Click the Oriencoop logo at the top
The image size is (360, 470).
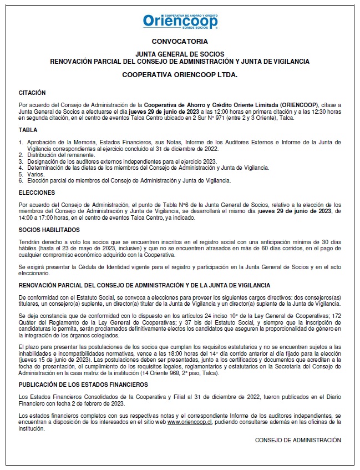point(180,20)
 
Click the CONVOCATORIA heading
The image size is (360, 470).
point(180,42)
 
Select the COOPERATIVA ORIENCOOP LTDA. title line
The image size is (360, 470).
point(180,74)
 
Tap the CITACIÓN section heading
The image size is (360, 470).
point(32,93)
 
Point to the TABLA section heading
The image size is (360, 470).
point(28,130)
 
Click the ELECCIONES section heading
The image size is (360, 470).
point(37,193)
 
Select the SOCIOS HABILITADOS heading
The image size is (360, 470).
point(49,230)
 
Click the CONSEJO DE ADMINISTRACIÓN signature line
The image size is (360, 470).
point(298,440)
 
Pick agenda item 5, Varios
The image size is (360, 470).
point(35,174)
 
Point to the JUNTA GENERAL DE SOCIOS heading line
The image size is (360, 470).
point(180,54)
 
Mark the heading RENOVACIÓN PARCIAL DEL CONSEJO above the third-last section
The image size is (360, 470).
point(144,285)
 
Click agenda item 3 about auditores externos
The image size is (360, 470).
point(122,161)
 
